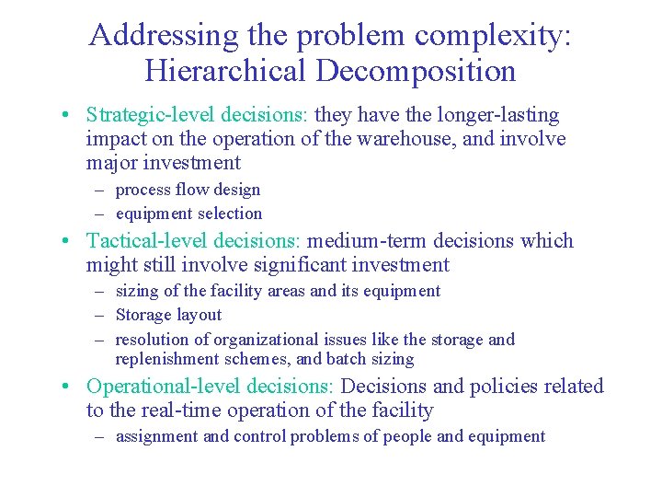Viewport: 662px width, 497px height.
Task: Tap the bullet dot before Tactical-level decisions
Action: click(x=68, y=242)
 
